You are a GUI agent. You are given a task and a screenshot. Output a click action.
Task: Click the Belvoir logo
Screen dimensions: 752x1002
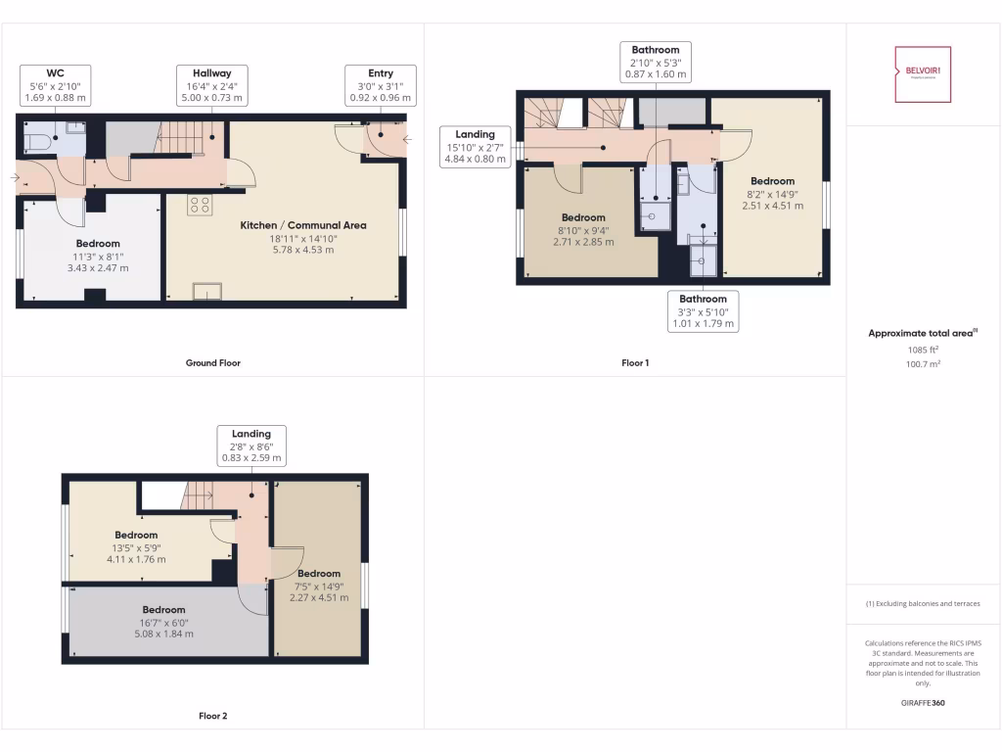pyautogui.click(x=923, y=74)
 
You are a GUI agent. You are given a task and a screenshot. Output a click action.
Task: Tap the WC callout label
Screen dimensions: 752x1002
pyautogui.click(x=55, y=85)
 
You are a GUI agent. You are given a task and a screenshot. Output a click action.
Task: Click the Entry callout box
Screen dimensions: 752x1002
pyautogui.click(x=381, y=85)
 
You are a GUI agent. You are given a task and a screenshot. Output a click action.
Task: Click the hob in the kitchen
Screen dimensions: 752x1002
pyautogui.click(x=200, y=205)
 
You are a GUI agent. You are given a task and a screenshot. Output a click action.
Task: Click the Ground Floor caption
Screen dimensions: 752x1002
pyautogui.click(x=212, y=363)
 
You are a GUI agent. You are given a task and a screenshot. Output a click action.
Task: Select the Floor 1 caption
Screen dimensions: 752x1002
pyautogui.click(x=635, y=363)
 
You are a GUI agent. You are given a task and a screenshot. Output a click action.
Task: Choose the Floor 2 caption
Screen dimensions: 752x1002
pyautogui.click(x=212, y=716)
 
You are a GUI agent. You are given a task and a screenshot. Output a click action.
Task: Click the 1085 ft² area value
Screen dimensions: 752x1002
pyautogui.click(x=923, y=349)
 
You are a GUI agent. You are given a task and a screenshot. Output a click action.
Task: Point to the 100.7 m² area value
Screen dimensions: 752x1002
pyautogui.click(x=923, y=363)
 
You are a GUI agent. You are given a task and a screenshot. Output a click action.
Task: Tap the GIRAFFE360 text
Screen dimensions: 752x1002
pyautogui.click(x=923, y=702)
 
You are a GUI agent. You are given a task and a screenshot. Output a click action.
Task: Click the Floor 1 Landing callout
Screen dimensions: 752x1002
pyautogui.click(x=475, y=146)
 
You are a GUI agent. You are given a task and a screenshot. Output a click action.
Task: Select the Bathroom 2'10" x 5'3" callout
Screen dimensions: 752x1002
pyautogui.click(x=655, y=62)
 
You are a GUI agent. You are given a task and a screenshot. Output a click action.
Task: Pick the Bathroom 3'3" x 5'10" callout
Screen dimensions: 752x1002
pyautogui.click(x=703, y=311)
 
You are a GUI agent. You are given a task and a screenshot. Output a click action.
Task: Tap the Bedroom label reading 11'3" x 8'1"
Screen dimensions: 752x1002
pyautogui.click(x=98, y=255)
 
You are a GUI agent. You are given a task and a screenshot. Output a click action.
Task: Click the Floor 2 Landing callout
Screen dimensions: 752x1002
pyautogui.click(x=251, y=446)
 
